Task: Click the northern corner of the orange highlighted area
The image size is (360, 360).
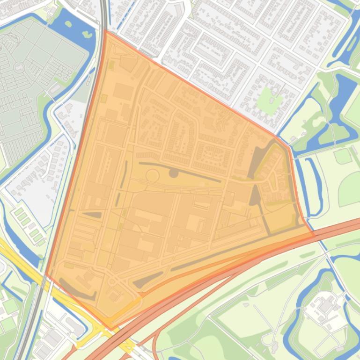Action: click(x=105, y=31)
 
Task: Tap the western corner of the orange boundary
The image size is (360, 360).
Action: click(x=45, y=274)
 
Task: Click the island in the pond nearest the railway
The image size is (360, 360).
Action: click(x=86, y=34)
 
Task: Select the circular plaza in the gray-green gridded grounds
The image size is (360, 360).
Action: click(x=19, y=67)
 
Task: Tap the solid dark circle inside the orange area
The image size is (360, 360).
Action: click(x=173, y=173)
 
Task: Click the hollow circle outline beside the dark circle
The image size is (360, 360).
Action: click(x=153, y=176)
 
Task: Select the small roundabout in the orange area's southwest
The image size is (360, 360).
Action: click(x=113, y=281)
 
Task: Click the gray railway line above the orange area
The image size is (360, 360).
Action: click(x=102, y=14)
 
